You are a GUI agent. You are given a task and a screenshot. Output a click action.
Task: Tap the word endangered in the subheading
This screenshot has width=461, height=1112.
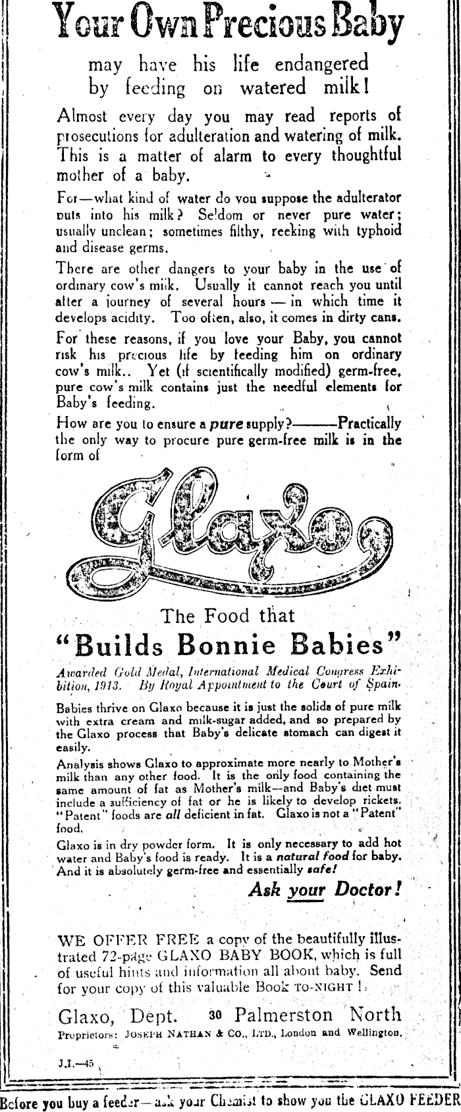[x=315, y=65]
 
